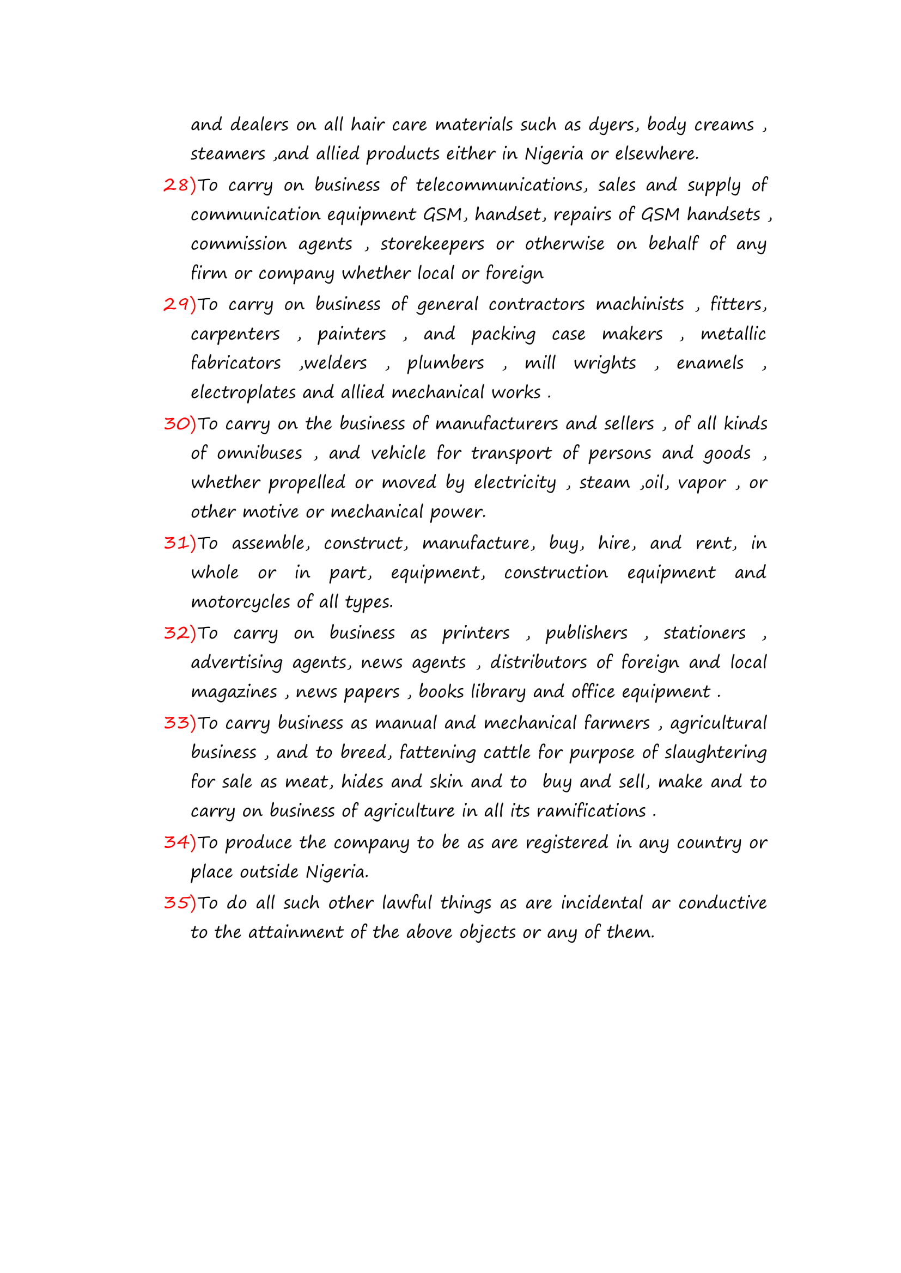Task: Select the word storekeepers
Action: pyautogui.click(x=431, y=244)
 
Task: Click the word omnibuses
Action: pyautogui.click(x=259, y=453)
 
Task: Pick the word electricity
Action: pyautogui.click(x=514, y=483)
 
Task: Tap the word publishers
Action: pyautogui.click(x=586, y=633)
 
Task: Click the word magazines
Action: pyautogui.click(x=234, y=692)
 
